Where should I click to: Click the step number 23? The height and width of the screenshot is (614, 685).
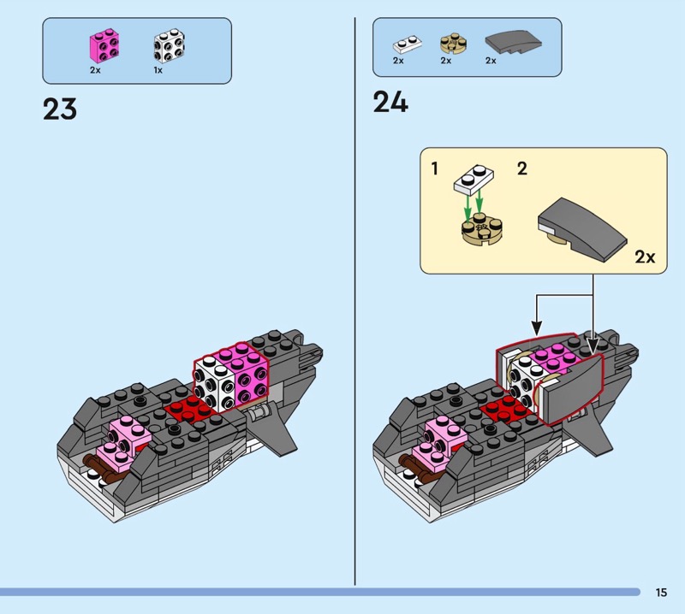(x=60, y=109)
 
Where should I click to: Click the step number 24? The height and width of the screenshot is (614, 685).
(x=390, y=103)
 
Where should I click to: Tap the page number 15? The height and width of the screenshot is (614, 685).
(x=661, y=592)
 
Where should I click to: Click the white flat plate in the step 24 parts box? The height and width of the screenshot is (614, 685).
(x=403, y=44)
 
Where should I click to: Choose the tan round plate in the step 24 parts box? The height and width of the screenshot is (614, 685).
(x=450, y=43)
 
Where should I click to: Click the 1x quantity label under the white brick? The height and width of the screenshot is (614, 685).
(x=158, y=70)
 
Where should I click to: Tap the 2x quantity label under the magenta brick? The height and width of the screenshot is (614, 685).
(x=95, y=70)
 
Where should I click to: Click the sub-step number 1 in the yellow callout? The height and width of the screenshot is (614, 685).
(x=435, y=168)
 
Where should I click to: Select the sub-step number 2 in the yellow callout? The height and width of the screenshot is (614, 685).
(x=522, y=168)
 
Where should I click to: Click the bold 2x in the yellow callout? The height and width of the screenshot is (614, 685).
(x=645, y=257)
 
